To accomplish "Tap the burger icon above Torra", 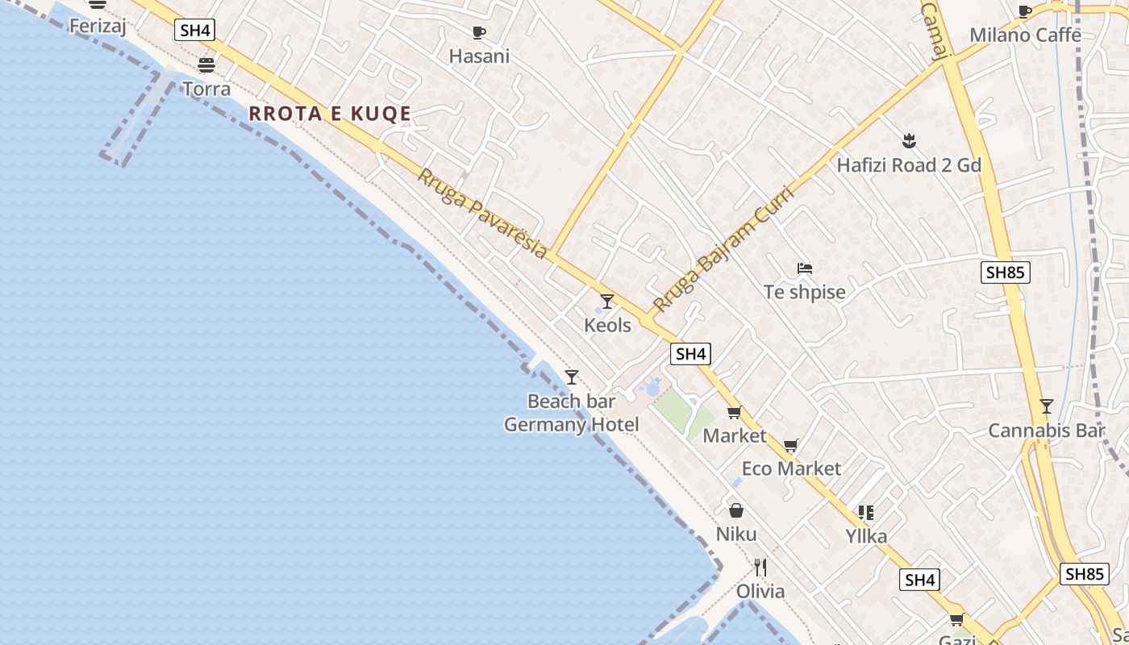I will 206,65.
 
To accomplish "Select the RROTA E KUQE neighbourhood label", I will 330,114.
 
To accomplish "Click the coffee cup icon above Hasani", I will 479,33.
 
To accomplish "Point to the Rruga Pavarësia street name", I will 482,213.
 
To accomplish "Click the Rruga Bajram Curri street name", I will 723,249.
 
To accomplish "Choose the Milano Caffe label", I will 1025,35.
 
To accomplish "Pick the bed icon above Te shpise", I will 804,268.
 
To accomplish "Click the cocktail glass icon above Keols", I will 607,302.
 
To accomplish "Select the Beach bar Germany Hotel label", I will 572,413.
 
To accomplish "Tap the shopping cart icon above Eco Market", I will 791,446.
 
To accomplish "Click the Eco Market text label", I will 791,468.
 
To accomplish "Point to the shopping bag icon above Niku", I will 736,510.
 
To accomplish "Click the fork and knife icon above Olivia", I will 760,568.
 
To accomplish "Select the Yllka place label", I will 866,536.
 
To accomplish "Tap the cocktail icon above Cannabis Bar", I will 1046,406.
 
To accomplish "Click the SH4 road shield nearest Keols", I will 691,353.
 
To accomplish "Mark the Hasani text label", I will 479,56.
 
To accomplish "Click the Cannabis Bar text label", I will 1046,431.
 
